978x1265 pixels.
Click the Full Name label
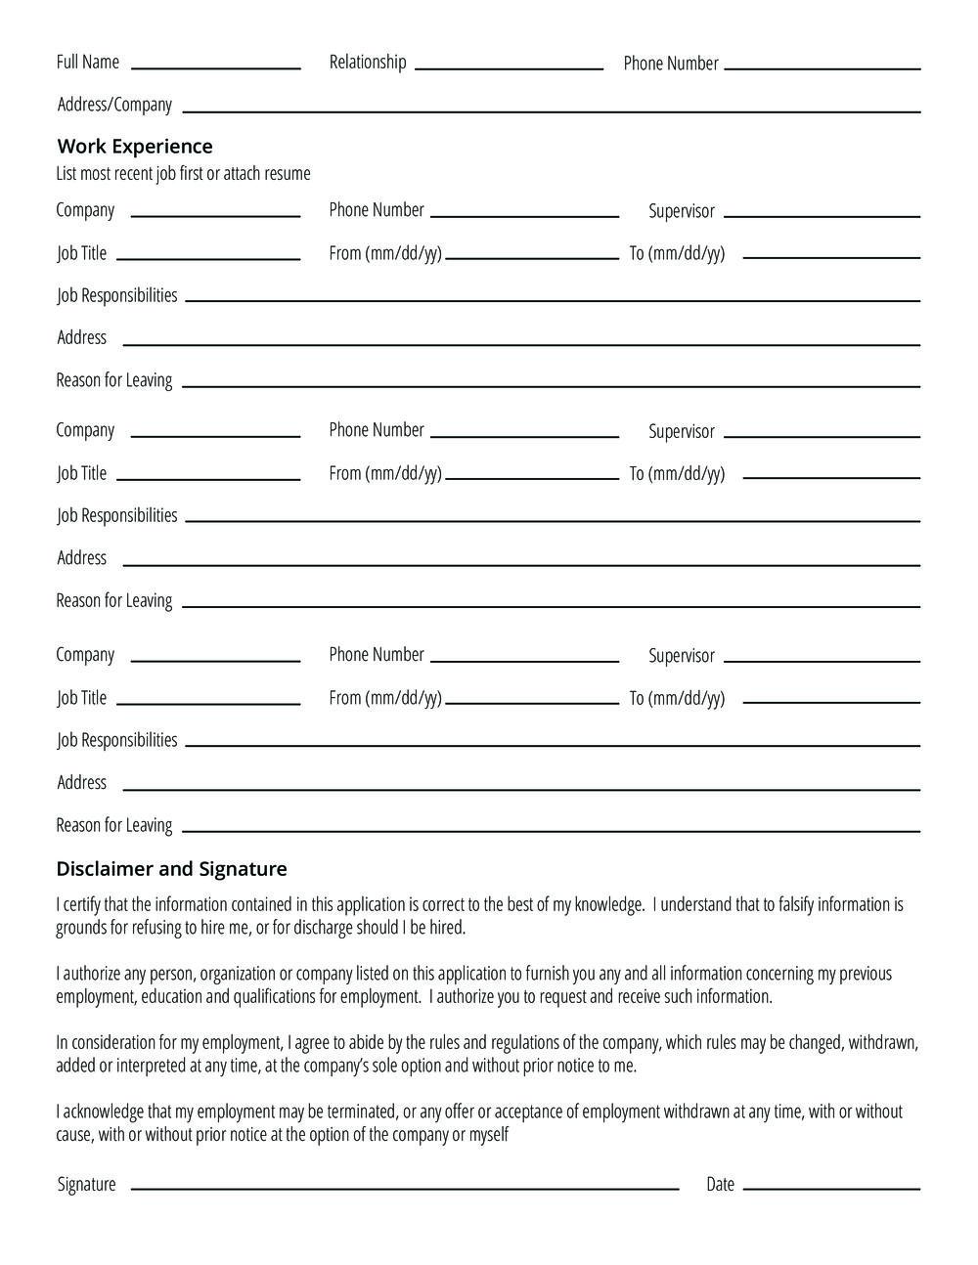pos(88,63)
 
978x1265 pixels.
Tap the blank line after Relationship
pos(509,67)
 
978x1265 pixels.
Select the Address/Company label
pos(114,105)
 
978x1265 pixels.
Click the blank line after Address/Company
pos(551,110)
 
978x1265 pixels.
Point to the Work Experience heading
pos(135,147)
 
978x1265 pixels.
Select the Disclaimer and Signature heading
pos(171,869)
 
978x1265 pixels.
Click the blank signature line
pos(405,1187)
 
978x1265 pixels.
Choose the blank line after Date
pos(831,1187)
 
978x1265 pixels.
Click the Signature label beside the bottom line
pos(87,1185)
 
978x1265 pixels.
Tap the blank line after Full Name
pos(215,67)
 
